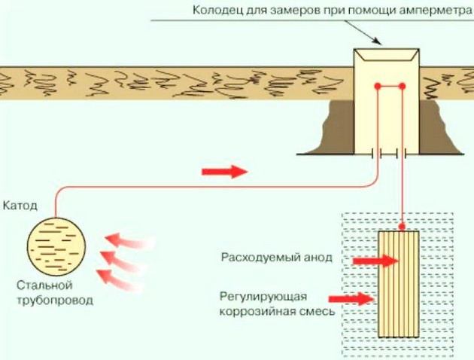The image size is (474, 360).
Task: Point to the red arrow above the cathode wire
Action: (224, 172)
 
